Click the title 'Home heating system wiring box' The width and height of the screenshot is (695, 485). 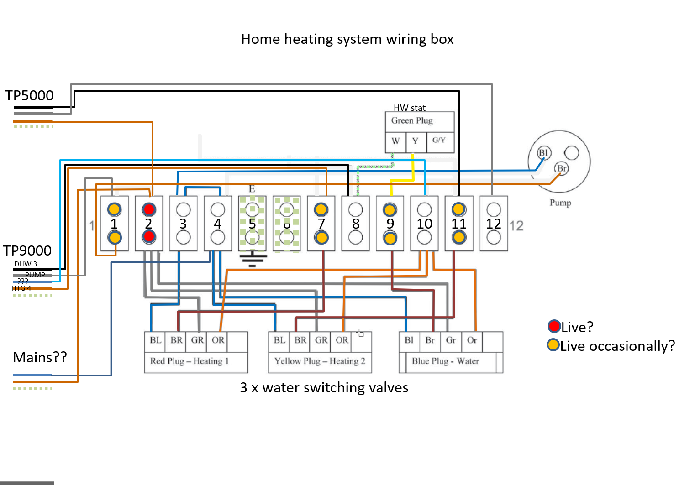pyautogui.click(x=347, y=39)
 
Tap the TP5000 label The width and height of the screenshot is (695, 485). pyautogui.click(x=29, y=96)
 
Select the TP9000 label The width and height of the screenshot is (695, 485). pyautogui.click(x=27, y=250)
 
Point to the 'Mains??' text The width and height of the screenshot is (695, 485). pyautogui.click(x=40, y=357)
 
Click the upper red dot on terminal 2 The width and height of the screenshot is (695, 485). pyautogui.click(x=149, y=209)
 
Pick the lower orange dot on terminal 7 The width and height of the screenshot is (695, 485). pyautogui.click(x=321, y=238)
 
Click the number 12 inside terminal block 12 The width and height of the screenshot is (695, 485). pyautogui.click(x=494, y=224)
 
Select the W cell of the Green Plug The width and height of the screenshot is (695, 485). pyautogui.click(x=395, y=141)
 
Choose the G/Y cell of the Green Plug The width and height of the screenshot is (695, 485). pyautogui.click(x=439, y=141)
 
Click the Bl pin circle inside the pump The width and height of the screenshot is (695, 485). pyautogui.click(x=543, y=152)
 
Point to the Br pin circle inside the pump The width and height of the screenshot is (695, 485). pyautogui.click(x=562, y=168)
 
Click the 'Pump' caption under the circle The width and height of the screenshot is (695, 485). pyautogui.click(x=560, y=203)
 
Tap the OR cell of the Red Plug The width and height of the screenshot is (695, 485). pyautogui.click(x=218, y=340)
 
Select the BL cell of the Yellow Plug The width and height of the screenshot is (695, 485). pyautogui.click(x=279, y=340)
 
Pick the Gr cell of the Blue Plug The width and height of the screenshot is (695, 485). pyautogui.click(x=451, y=340)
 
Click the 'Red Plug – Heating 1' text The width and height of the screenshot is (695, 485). pyautogui.click(x=190, y=361)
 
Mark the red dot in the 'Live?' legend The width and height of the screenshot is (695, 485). pyautogui.click(x=554, y=326)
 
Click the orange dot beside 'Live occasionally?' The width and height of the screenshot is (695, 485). pyautogui.click(x=553, y=345)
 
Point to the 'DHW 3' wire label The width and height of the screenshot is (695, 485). pyautogui.click(x=26, y=264)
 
